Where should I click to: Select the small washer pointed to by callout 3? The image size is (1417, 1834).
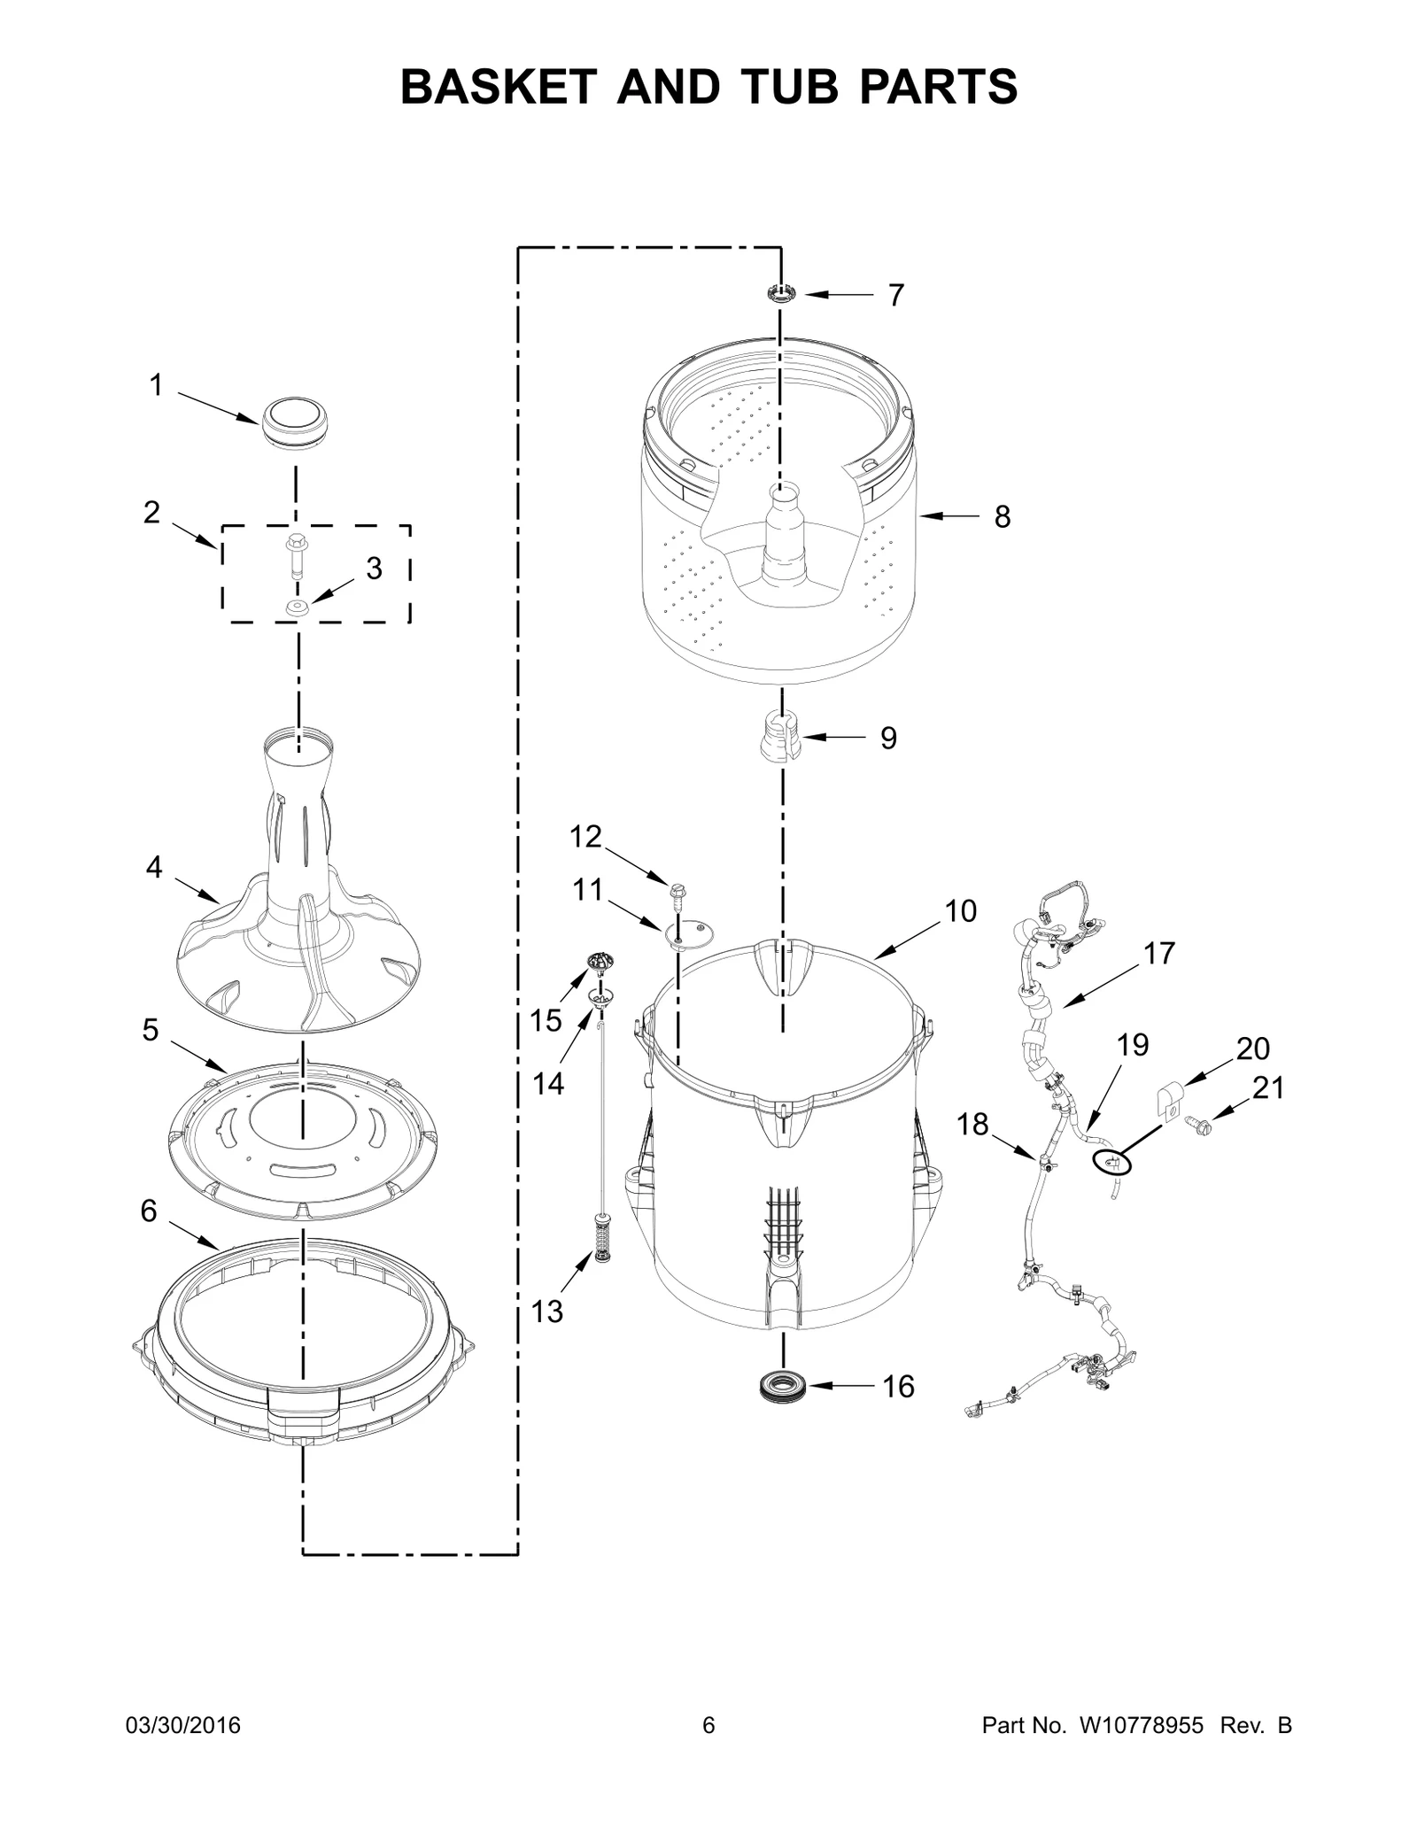[x=297, y=607]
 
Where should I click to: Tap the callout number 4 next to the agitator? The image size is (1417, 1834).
[x=154, y=868]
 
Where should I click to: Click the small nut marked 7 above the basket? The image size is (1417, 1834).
[x=780, y=293]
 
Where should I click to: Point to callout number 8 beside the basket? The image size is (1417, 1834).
[x=1002, y=517]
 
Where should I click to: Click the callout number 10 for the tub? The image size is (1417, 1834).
[x=960, y=910]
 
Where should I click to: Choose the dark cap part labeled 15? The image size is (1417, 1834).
[x=601, y=961]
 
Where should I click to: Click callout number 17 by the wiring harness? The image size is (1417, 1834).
[x=1158, y=954]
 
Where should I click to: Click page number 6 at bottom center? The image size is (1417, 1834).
[x=708, y=1725]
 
